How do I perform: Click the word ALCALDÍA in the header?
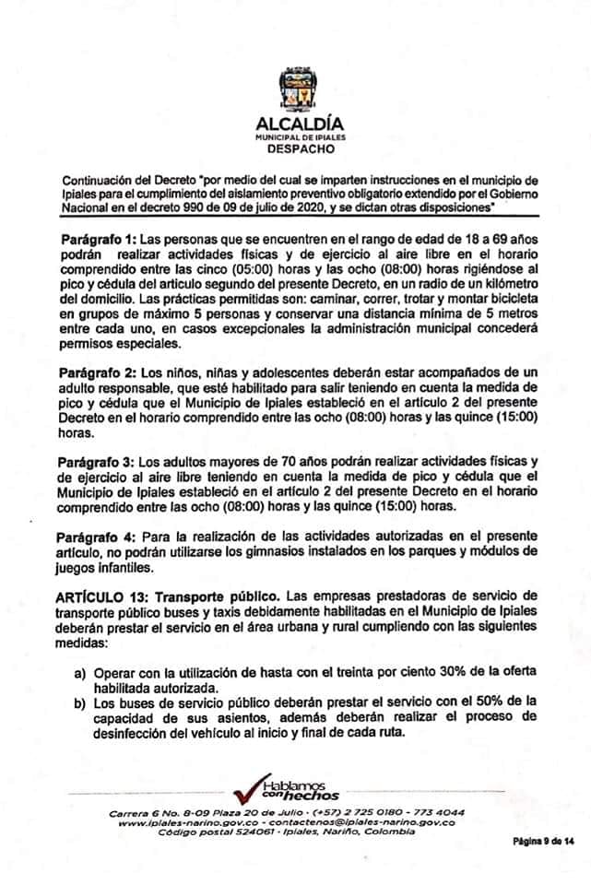[x=294, y=123]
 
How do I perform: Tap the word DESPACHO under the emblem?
[x=294, y=147]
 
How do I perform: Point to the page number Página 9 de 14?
[x=543, y=842]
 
